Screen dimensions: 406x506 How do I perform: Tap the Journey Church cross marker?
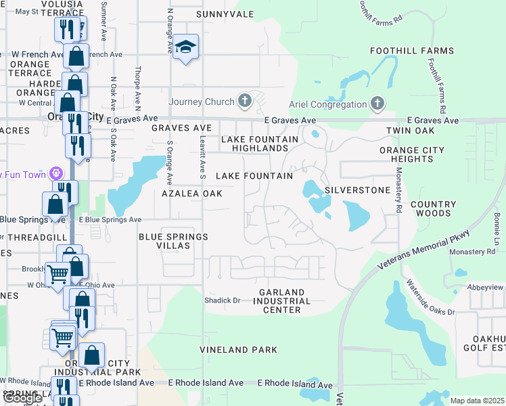pos(245,102)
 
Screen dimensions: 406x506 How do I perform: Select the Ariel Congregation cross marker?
pos(377,104)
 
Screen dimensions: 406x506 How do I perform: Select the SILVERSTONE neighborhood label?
pos(357,190)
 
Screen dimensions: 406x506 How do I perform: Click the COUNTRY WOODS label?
pos(433,208)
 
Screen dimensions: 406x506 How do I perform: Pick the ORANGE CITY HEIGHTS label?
pos(412,154)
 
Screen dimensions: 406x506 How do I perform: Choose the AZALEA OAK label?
pos(192,194)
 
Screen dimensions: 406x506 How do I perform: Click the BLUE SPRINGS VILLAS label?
pos(173,242)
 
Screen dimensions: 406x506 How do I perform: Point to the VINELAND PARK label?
pos(238,350)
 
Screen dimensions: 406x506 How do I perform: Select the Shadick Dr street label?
pos(223,300)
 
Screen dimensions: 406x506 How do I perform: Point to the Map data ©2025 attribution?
pos(477,401)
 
